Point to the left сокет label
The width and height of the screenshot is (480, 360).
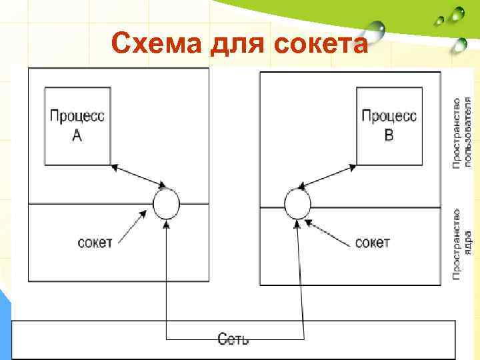coord(94,241)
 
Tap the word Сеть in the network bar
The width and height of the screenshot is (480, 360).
coord(233,339)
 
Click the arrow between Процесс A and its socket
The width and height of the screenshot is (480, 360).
coord(139,175)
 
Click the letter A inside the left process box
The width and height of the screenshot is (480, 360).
coord(77,136)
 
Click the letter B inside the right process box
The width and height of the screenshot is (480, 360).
coord(389,136)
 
